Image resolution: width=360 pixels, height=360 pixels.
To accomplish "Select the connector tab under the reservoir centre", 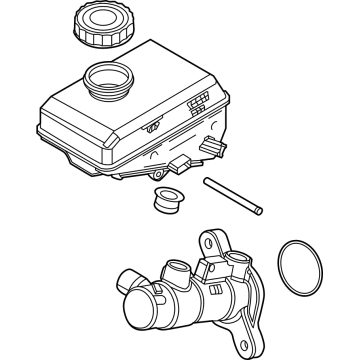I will pos(180,163).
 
